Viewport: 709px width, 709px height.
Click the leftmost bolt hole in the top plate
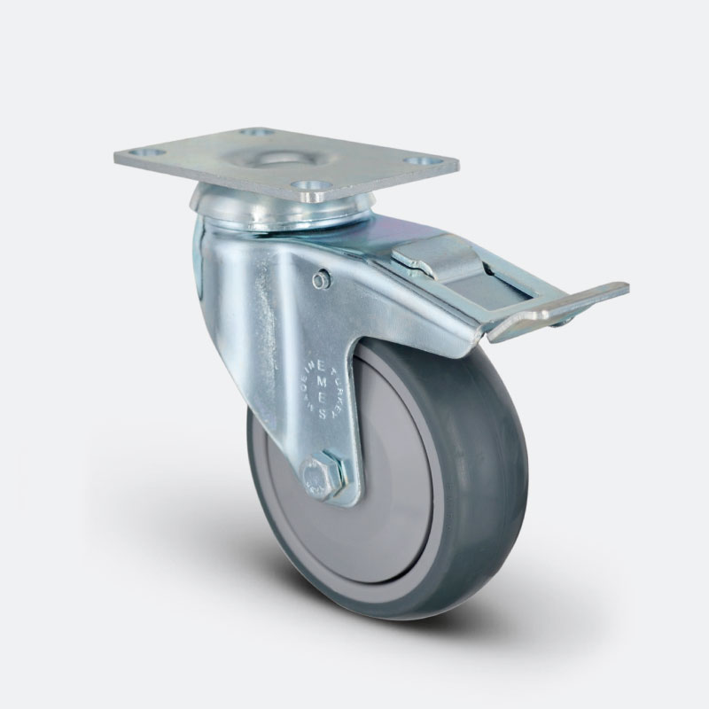[152, 152]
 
